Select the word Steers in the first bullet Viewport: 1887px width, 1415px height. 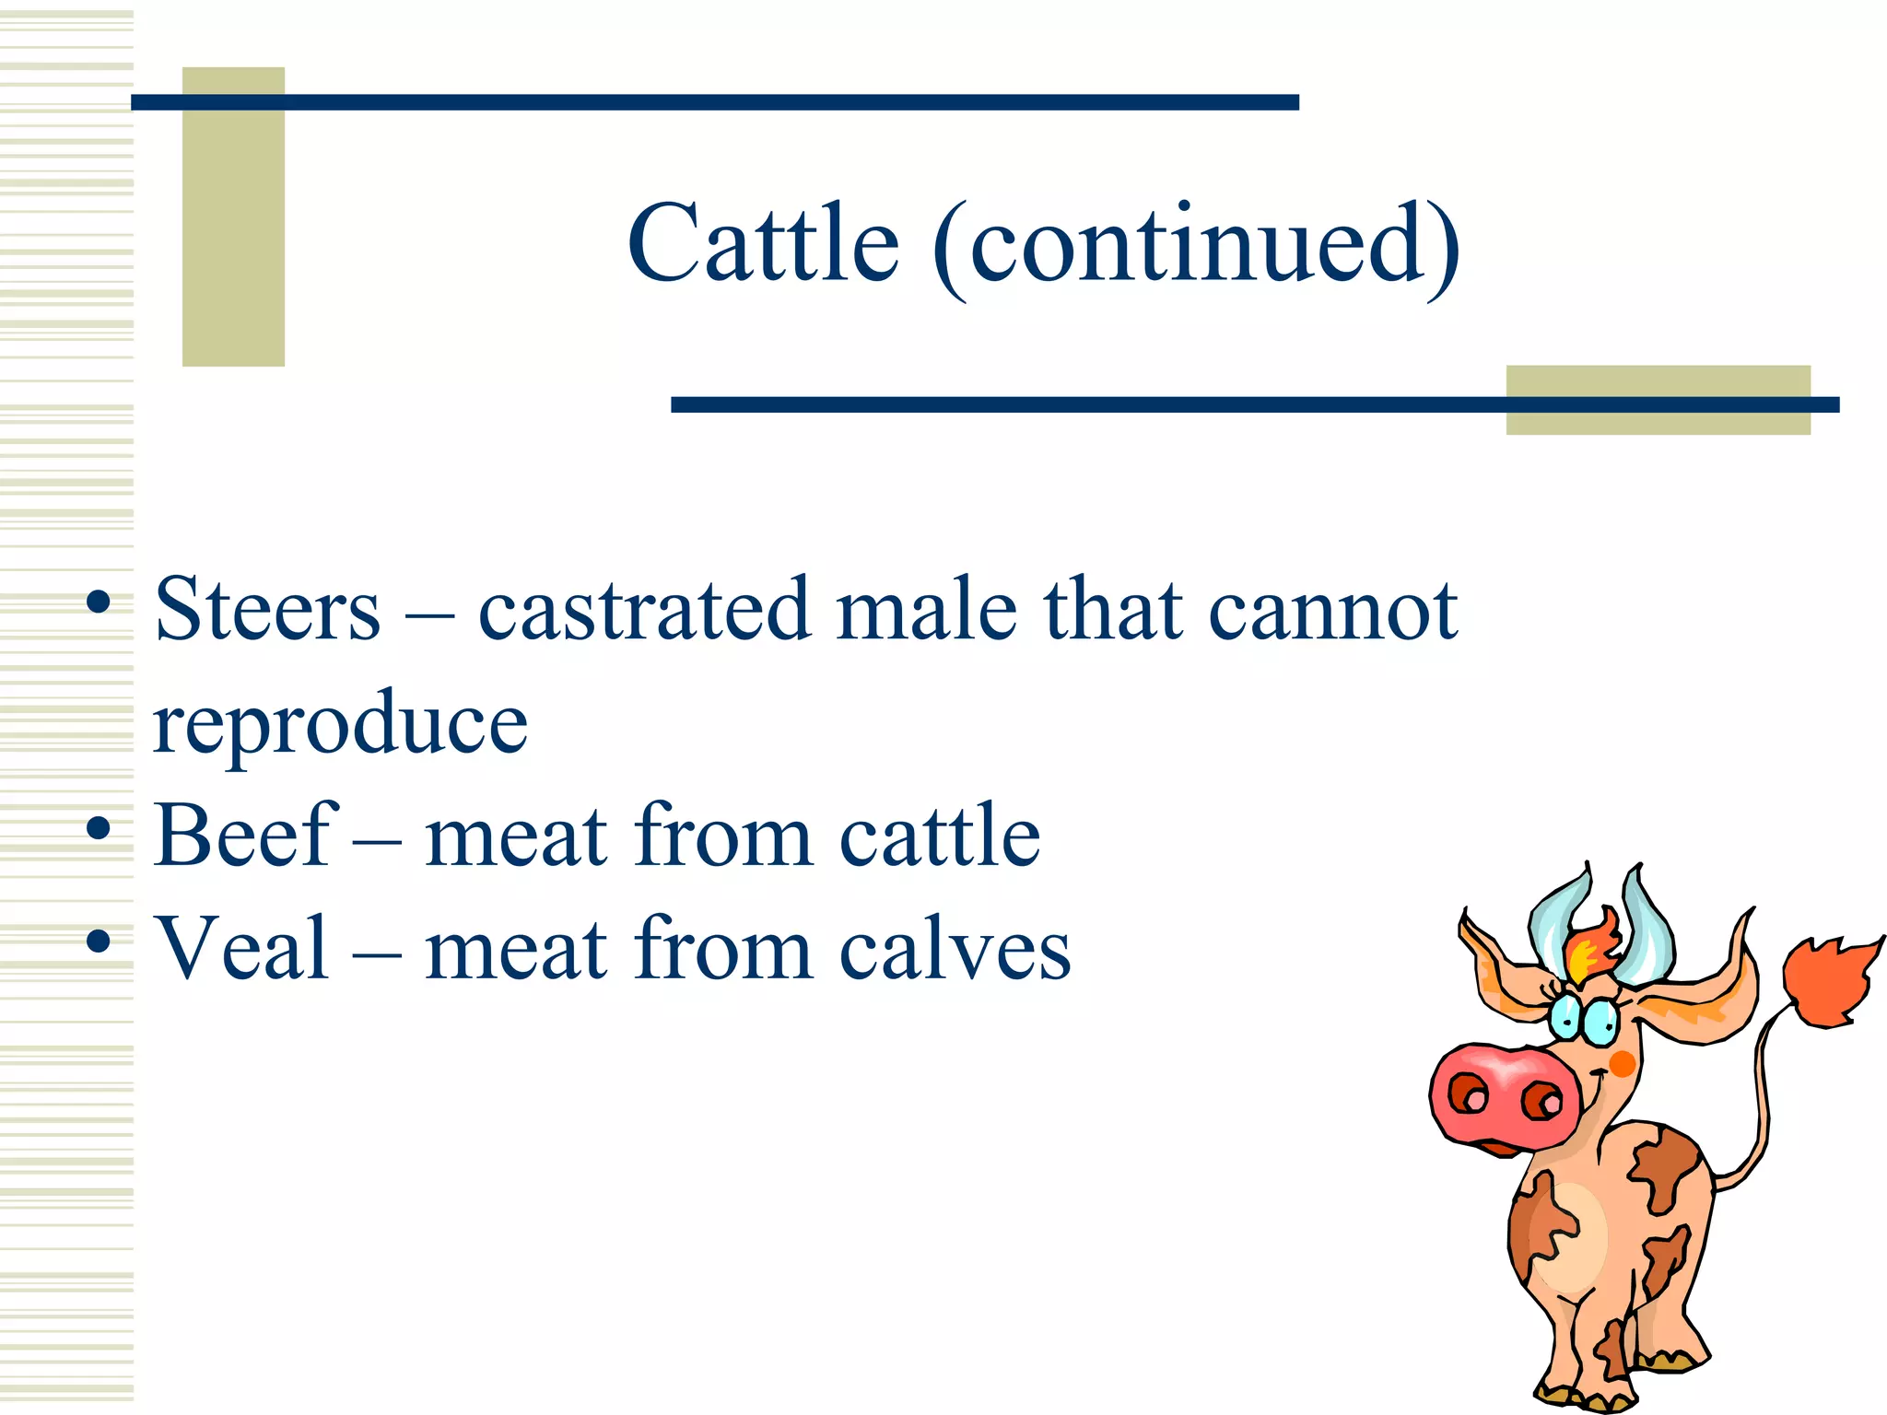pos(267,609)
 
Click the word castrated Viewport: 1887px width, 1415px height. pos(644,609)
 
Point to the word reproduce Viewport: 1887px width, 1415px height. pos(340,724)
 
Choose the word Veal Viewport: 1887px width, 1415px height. pos(242,949)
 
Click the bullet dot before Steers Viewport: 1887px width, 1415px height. pos(98,604)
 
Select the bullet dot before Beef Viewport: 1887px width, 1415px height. pos(98,830)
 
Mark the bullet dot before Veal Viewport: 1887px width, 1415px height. pos(98,942)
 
